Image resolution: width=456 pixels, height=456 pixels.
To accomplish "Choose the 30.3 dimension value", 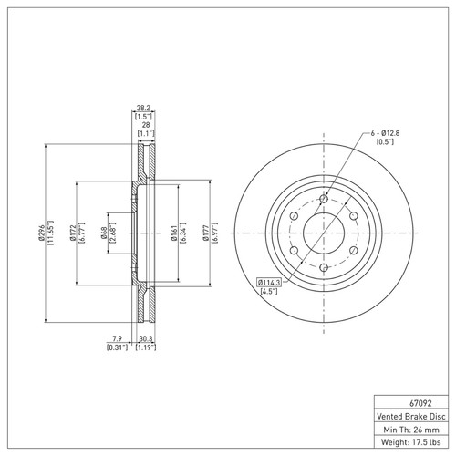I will [x=144, y=339].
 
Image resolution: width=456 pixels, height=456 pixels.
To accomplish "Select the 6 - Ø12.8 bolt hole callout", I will [x=388, y=135].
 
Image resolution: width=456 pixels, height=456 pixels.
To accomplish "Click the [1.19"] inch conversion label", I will [x=144, y=348].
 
